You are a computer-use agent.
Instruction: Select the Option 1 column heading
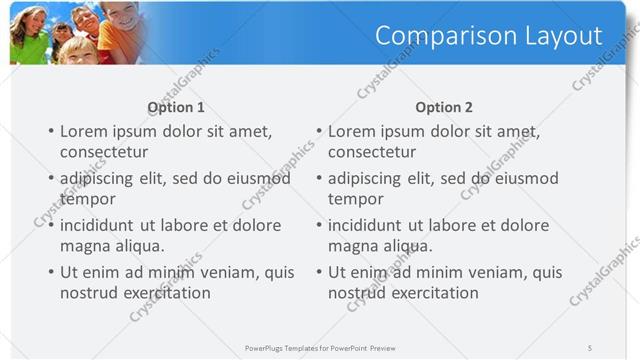click(176, 107)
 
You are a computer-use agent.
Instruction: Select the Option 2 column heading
click(444, 107)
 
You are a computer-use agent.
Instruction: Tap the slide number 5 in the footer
click(591, 347)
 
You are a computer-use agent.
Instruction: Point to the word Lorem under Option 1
click(84, 131)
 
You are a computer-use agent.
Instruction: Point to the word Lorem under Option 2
click(352, 131)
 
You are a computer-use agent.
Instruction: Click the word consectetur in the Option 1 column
click(104, 152)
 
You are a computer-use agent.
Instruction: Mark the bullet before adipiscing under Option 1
click(50, 179)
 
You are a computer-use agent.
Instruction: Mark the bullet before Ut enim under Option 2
click(318, 272)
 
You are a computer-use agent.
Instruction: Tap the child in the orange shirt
click(121, 30)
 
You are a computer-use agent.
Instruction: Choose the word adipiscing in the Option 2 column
click(370, 179)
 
